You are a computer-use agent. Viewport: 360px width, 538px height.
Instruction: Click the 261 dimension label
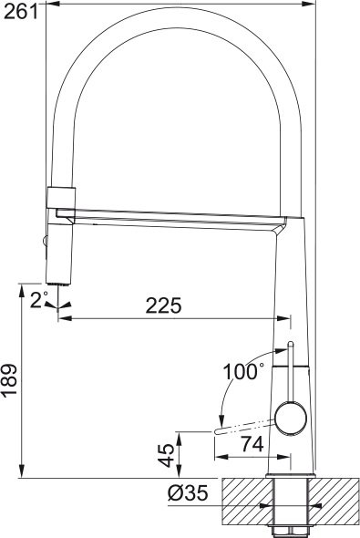tap(20, 13)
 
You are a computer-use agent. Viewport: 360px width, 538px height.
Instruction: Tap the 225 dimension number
tap(163, 305)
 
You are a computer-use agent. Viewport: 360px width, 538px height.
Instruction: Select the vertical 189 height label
tap(10, 381)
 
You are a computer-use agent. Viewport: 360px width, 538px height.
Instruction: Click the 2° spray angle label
tap(38, 299)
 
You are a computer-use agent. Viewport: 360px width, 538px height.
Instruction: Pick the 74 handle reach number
tap(252, 444)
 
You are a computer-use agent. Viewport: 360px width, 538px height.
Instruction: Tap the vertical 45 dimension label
tap(168, 455)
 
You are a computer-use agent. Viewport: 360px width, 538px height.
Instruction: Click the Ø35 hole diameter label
tap(188, 493)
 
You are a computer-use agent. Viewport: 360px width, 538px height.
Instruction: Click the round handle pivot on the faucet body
tap(291, 419)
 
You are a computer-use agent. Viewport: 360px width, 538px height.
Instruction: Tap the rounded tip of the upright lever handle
tap(291, 344)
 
